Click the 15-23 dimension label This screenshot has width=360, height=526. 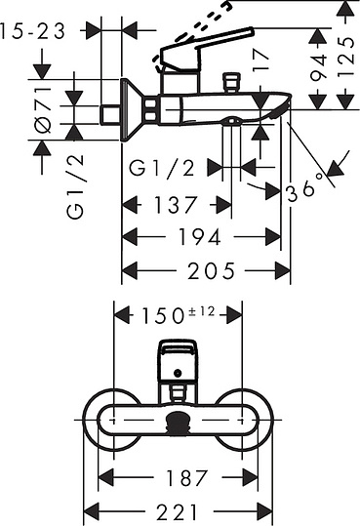[33, 30]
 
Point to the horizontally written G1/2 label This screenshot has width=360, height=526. [162, 169]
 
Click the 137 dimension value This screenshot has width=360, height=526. [176, 205]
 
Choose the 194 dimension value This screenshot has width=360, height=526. [201, 237]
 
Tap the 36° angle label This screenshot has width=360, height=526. [305, 191]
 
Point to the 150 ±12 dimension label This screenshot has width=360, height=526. [180, 314]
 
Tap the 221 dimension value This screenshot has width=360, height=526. [180, 511]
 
